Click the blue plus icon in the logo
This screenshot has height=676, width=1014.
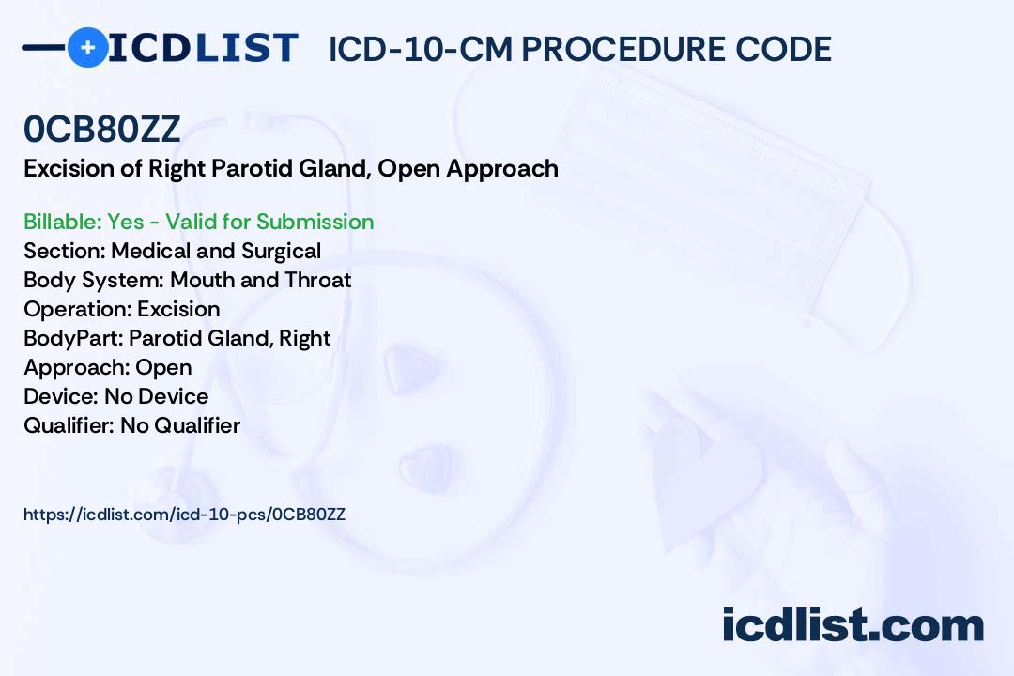(87, 48)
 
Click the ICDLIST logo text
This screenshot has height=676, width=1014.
(203, 48)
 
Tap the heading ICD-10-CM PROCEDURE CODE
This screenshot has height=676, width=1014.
(580, 49)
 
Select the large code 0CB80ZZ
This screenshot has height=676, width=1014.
(102, 129)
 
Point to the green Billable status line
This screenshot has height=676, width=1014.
(198, 222)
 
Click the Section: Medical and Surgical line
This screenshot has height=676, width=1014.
(172, 251)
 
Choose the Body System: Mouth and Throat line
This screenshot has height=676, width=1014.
(188, 280)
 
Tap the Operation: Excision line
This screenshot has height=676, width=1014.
(121, 309)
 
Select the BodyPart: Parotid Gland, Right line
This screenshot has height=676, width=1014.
(177, 338)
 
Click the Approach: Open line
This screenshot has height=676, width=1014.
(107, 367)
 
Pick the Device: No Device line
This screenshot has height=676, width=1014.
(115, 396)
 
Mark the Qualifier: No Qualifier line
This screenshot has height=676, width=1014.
(132, 425)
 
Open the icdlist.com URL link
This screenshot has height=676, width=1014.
(184, 515)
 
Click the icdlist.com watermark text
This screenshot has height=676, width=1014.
(853, 624)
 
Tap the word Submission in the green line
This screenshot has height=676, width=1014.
(315, 222)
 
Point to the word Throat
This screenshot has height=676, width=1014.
(317, 280)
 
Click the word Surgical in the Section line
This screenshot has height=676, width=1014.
(282, 251)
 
